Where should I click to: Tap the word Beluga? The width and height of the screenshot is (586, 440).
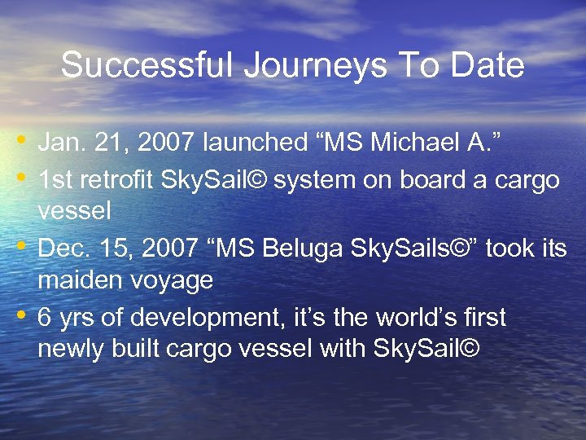point(301,248)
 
